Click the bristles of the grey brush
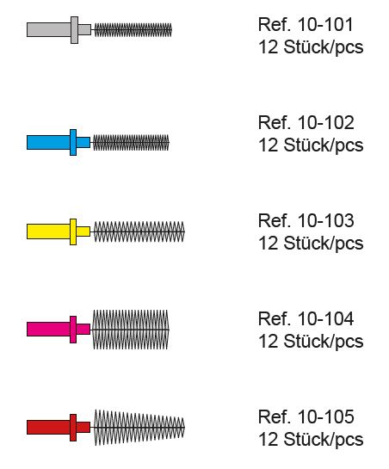(133, 30)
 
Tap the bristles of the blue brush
(131, 142)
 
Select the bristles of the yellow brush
(139, 231)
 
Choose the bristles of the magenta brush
(131, 330)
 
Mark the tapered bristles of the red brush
(139, 428)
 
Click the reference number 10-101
(325, 25)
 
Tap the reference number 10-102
(326, 123)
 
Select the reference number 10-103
(326, 221)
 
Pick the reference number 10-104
(326, 319)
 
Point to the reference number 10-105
(326, 417)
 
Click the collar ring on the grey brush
(75, 30)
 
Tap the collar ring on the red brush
(73, 428)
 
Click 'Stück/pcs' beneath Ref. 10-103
(324, 244)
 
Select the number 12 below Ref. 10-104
(269, 342)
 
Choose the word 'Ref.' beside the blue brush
(275, 123)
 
